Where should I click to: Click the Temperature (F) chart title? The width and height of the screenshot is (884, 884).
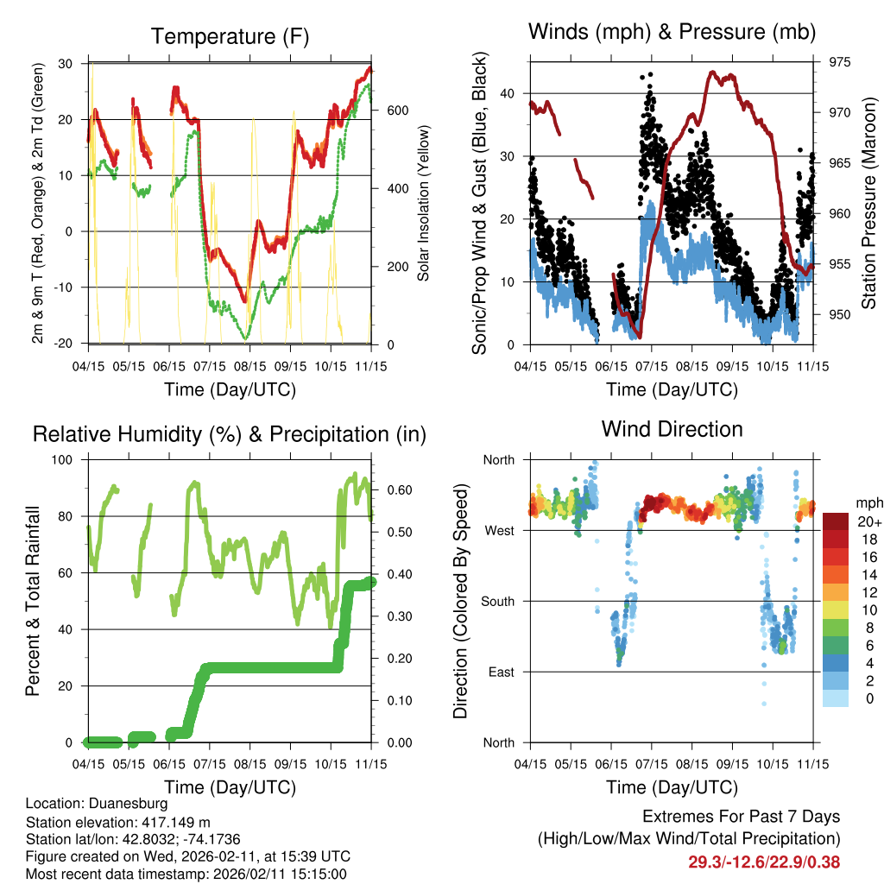pos(230,36)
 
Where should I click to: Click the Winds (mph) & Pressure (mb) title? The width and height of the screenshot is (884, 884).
pos(672,33)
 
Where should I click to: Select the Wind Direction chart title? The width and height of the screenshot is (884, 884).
pos(672,429)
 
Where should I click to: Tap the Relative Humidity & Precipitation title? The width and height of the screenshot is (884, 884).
pos(230,434)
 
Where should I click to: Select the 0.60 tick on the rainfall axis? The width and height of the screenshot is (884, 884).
pos(396,490)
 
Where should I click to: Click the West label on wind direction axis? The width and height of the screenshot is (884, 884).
pos(499,531)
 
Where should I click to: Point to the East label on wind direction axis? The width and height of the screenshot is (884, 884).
pos(500,672)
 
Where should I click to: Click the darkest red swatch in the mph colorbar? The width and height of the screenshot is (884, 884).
pos(835,521)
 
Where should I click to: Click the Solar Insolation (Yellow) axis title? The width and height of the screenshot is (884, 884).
pos(424,204)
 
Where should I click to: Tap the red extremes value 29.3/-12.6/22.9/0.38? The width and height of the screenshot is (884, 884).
pos(764,862)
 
